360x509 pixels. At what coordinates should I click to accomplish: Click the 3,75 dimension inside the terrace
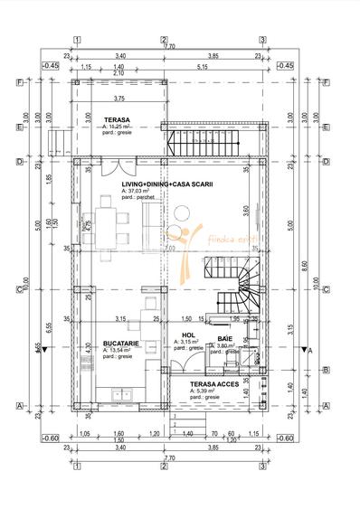119,99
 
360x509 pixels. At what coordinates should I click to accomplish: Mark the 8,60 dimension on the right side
302,267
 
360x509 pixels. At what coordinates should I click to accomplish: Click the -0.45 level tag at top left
50,66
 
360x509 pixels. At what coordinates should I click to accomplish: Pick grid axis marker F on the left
19,82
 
